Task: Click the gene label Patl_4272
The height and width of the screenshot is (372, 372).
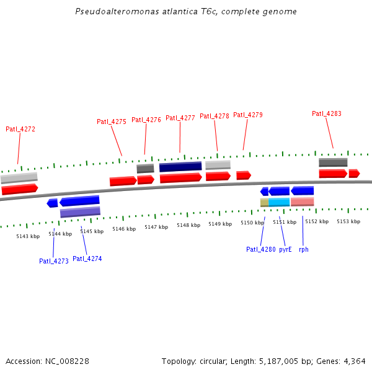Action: pos(20,129)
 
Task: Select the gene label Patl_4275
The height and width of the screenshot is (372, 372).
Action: pos(112,122)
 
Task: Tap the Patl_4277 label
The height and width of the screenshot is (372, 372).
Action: pos(180,118)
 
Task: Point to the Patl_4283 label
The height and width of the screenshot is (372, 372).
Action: pos(327,113)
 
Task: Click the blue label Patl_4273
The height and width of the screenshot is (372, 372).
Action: pos(53,261)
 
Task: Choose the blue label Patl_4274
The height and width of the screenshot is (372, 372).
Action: pos(87,259)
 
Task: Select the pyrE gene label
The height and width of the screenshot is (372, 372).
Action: pos(285,249)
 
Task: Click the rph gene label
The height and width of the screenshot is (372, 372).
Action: pos(304,249)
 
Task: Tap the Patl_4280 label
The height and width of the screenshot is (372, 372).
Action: pos(260,249)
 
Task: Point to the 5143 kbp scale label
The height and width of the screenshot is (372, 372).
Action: pos(28,236)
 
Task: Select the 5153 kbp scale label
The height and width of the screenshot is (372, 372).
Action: pos(348,221)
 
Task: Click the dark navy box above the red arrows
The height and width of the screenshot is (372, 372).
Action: pos(180,167)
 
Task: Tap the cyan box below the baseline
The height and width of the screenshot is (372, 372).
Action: pos(280,202)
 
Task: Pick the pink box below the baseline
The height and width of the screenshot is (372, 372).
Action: pos(303,201)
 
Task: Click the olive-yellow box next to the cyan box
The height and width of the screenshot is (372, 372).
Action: pos(264,202)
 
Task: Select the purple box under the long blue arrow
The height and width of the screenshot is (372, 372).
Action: pos(80,212)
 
